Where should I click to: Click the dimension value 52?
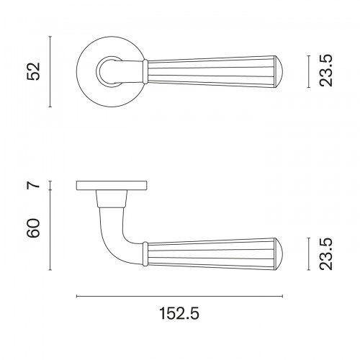click(x=33, y=71)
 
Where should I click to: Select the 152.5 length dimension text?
click(x=179, y=313)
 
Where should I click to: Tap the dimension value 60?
click(x=33, y=228)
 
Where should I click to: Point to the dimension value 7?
click(x=33, y=185)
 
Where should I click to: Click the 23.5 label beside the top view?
click(x=326, y=71)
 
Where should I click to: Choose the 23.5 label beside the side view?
click(x=326, y=254)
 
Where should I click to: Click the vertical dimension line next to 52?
click(x=50, y=71)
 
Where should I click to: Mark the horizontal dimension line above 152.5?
click(x=179, y=297)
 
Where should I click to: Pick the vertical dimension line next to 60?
click(x=50, y=230)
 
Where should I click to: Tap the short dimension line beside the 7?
click(x=50, y=185)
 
